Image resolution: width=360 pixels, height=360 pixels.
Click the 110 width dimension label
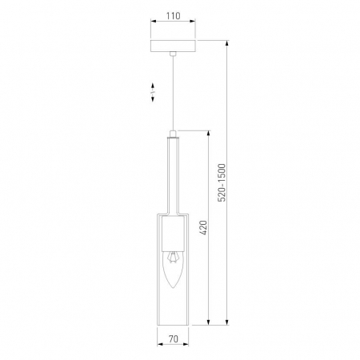pyautogui.click(x=173, y=15)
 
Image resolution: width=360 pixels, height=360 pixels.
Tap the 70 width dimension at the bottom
pyautogui.click(x=173, y=339)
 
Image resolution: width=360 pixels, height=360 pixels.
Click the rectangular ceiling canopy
pyautogui.click(x=173, y=45)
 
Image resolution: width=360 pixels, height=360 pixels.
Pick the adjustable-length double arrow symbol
pyautogui.click(x=152, y=94)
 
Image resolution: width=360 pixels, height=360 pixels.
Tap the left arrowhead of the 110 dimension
pyautogui.click(x=152, y=24)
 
